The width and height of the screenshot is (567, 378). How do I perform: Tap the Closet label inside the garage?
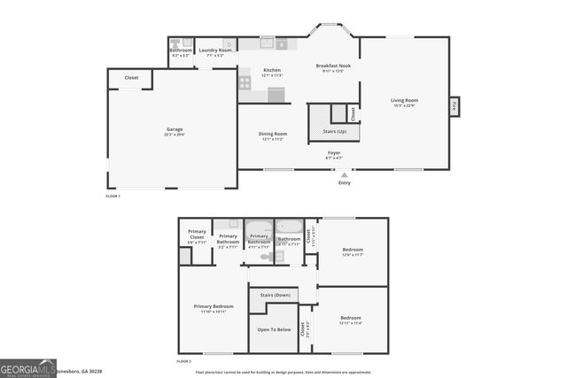131,78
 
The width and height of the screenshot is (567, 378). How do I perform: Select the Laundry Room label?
215,50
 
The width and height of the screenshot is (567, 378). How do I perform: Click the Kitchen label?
272,70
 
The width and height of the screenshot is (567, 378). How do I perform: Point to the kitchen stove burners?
245,81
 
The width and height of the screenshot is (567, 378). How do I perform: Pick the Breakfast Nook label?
333,66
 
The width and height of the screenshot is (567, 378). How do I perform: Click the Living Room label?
404,100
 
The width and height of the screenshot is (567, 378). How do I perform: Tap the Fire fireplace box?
454,105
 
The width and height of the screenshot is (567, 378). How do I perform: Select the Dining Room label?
274,134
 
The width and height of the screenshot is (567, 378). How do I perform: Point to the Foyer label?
334,153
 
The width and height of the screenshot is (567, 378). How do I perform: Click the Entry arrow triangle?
345,175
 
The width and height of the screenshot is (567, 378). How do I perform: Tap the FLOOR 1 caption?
113,195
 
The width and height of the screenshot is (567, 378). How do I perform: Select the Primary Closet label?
197,233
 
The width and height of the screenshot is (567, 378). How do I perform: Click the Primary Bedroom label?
214,306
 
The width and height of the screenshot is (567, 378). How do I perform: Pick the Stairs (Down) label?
274,295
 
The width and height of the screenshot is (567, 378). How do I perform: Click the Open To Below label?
274,329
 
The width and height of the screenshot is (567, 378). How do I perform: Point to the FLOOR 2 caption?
183,361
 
